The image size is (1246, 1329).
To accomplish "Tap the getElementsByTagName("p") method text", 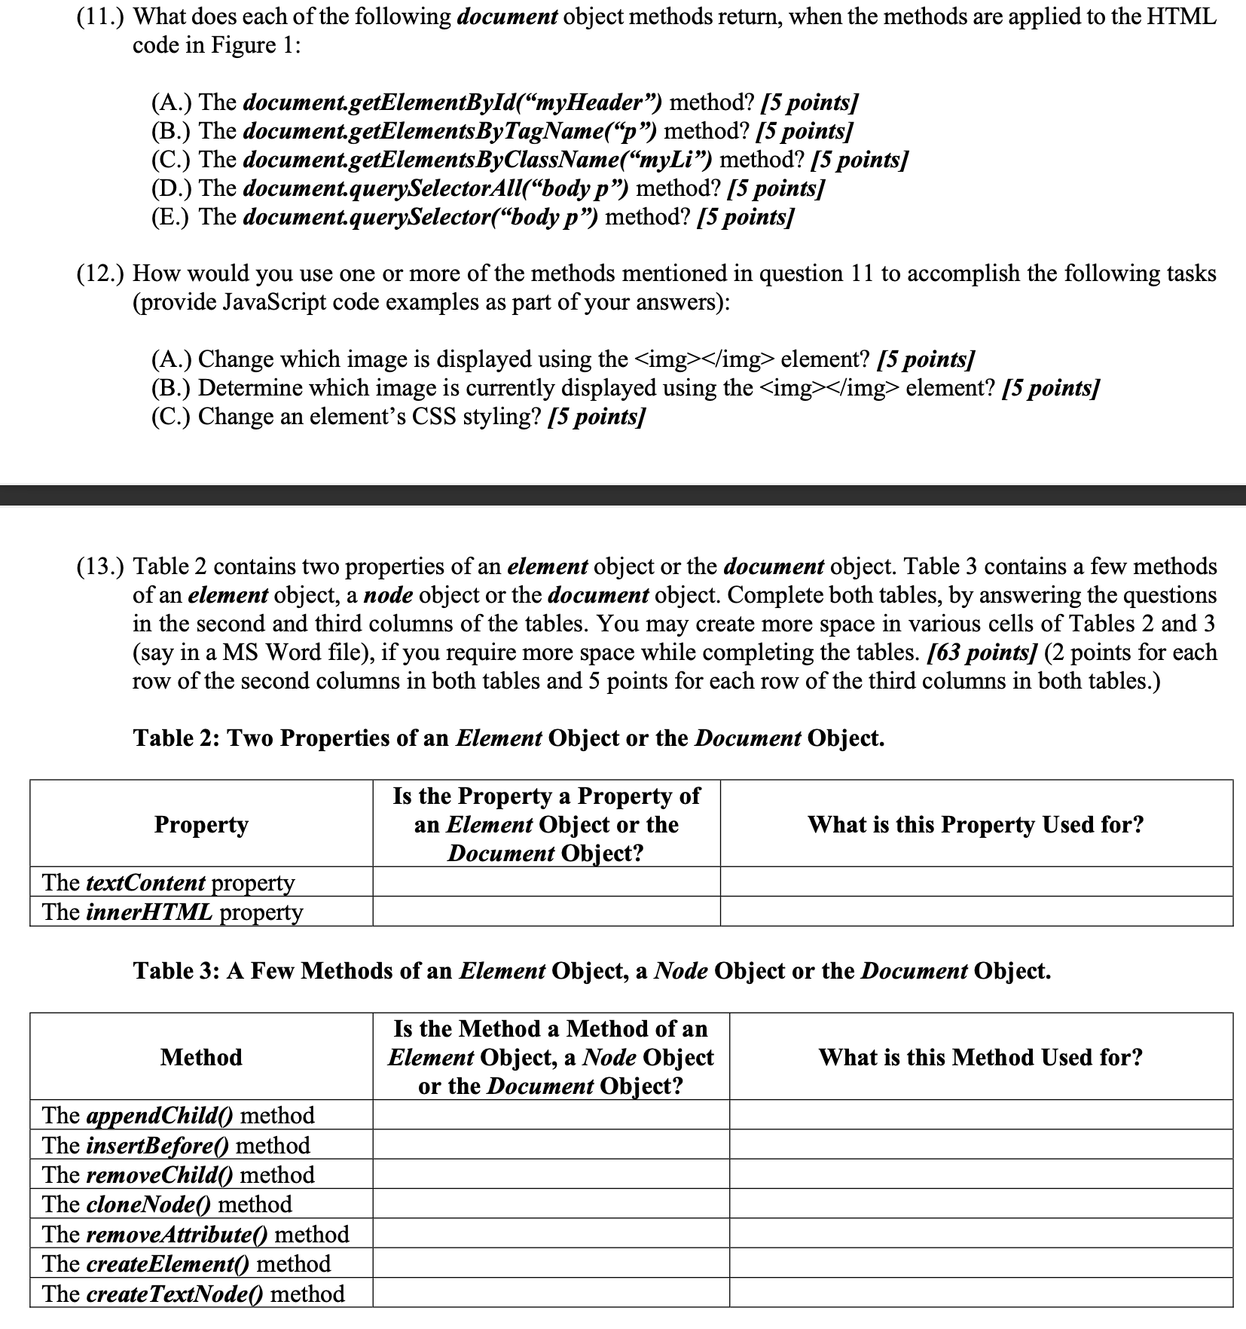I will click(x=450, y=131).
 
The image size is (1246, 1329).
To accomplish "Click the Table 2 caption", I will click(x=508, y=738).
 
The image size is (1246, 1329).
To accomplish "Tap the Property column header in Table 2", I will click(x=201, y=824).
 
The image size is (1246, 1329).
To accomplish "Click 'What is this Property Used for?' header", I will click(x=976, y=824).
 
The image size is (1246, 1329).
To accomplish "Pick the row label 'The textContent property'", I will click(x=169, y=882).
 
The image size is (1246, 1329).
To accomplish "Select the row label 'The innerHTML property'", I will click(x=173, y=912).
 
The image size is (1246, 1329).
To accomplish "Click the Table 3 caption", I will click(x=591, y=970).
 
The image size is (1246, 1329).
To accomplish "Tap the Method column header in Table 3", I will click(x=201, y=1057).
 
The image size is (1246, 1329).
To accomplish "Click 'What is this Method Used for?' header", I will click(x=980, y=1057).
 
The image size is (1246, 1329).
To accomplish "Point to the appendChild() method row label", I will click(x=179, y=1115).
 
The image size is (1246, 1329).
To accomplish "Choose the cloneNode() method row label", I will click(x=167, y=1204).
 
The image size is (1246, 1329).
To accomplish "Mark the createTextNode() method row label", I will click(x=194, y=1294).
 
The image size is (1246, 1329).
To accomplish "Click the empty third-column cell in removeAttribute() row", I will click(x=980, y=1234).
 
